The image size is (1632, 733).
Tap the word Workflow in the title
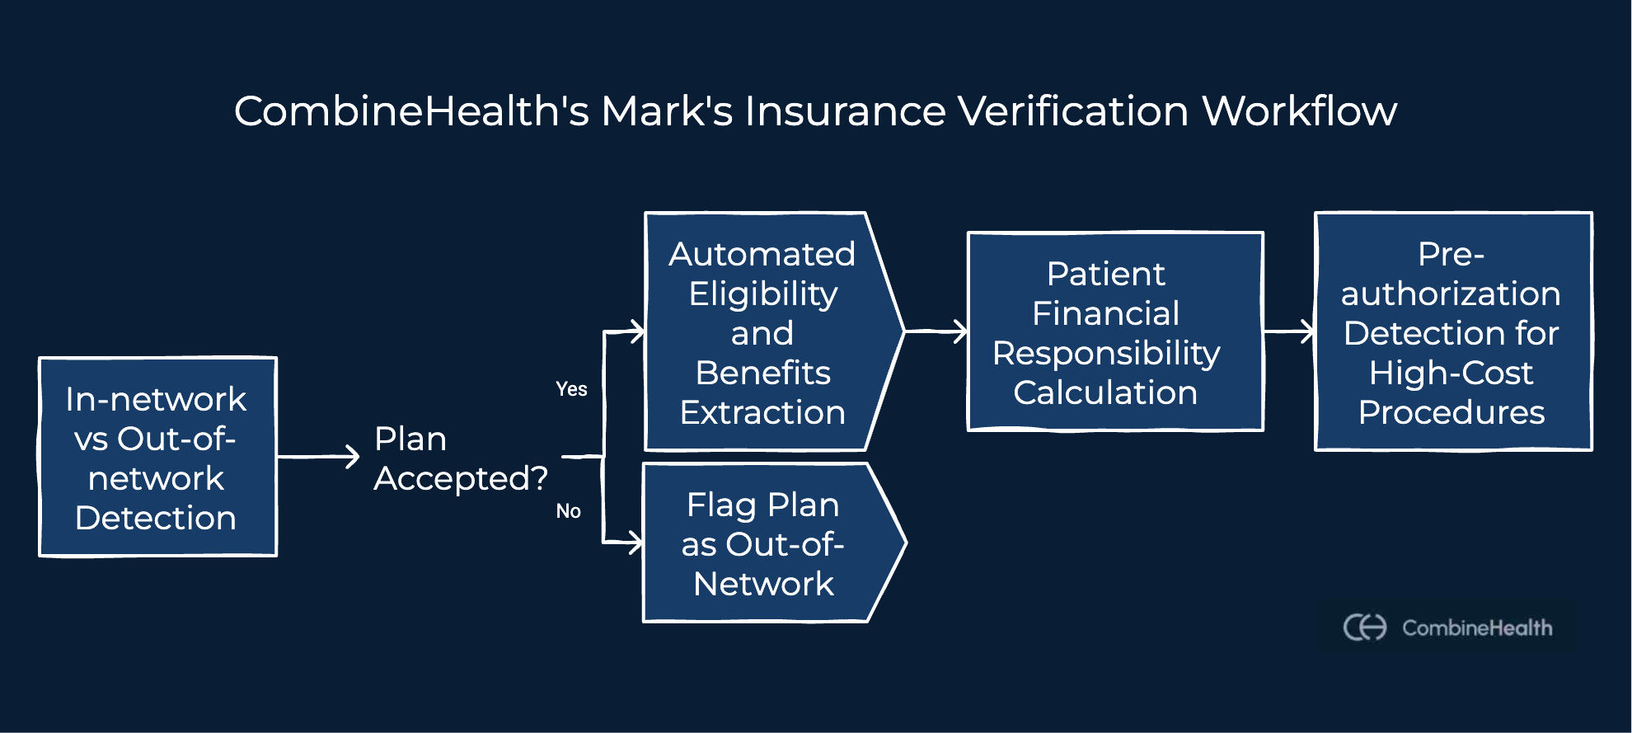tap(1299, 111)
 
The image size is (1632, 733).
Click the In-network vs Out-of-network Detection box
tap(157, 458)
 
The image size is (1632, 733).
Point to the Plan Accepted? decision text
tap(460, 458)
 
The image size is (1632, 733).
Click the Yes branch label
tap(571, 389)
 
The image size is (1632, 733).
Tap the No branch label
tap(569, 511)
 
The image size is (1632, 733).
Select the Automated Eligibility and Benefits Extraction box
tap(762, 332)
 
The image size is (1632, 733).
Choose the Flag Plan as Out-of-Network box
tap(762, 544)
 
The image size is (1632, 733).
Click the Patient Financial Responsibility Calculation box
tap(1114, 331)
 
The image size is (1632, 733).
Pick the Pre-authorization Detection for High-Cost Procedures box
tap(1452, 331)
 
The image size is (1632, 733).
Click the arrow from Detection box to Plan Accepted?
tap(318, 456)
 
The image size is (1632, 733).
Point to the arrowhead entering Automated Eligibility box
tap(636, 332)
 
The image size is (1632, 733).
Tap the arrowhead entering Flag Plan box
tap(635, 543)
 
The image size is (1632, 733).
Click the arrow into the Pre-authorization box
tap(1290, 331)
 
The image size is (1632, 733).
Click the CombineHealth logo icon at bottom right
tap(1365, 627)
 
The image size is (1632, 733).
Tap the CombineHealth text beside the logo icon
tap(1477, 628)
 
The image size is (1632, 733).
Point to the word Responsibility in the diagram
tap(1106, 353)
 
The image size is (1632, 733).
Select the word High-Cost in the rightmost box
tap(1451, 373)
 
